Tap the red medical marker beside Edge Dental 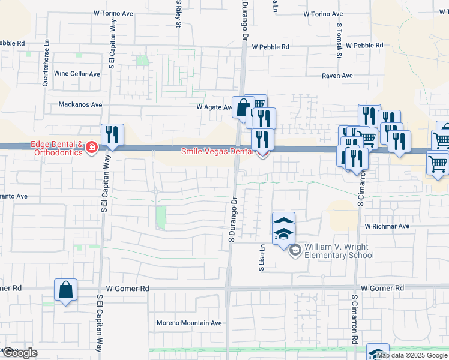pos(91,148)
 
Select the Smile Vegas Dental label pos(217,152)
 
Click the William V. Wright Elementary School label pos(339,251)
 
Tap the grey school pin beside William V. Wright pos(294,250)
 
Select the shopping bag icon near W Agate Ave pos(243,108)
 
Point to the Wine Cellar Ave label pos(78,73)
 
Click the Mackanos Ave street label pos(80,104)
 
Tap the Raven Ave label pos(337,76)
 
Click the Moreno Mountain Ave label pos(189,323)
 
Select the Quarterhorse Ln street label pos(45,64)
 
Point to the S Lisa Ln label pos(262,259)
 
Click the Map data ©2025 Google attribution pos(412,355)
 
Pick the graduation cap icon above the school pos(283,233)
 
